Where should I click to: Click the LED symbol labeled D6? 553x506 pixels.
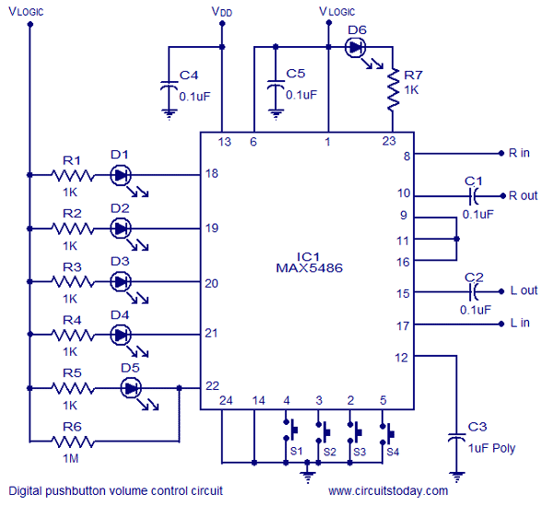tap(355, 47)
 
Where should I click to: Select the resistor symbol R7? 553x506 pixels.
tap(393, 90)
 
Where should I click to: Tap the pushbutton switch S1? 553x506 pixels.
tap(290, 430)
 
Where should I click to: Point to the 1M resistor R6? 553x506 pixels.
tap(73, 441)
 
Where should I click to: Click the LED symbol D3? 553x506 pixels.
tap(121, 281)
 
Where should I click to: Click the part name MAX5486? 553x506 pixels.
tap(309, 268)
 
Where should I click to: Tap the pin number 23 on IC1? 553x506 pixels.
tap(389, 141)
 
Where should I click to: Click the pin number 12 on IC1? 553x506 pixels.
tap(401, 358)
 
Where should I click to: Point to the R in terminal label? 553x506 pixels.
tap(519, 153)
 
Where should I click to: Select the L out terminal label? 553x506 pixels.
tap(524, 290)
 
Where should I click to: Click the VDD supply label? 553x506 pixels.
tap(222, 12)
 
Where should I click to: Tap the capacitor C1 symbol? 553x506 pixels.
tap(474, 196)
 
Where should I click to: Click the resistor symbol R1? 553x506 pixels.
tap(73, 175)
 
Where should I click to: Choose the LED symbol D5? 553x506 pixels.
tap(131, 388)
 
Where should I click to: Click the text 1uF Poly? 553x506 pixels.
tap(491, 448)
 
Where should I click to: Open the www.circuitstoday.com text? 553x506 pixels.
tap(388, 490)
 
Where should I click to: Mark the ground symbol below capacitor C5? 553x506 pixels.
tap(276, 114)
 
